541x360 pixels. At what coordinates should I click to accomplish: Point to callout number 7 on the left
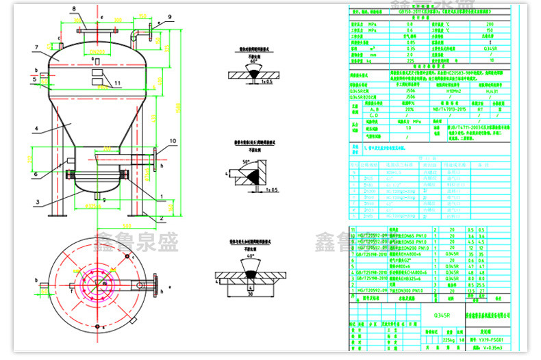(x=34, y=47)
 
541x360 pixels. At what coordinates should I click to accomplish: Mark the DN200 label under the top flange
(x=99, y=51)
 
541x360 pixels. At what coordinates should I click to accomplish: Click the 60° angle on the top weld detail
(x=255, y=61)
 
